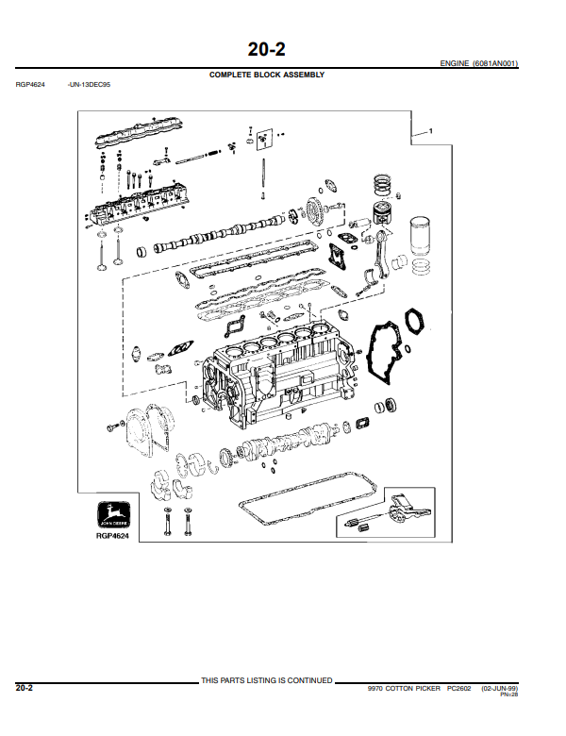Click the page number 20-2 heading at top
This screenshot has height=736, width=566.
tap(266, 48)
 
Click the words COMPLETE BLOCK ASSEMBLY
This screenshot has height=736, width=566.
tap(267, 75)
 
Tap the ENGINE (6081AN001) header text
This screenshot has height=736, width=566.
tap(478, 63)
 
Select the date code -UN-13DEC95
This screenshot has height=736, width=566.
tap(90, 84)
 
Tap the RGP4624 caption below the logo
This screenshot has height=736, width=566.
tap(111, 536)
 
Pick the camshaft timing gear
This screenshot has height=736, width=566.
tap(315, 209)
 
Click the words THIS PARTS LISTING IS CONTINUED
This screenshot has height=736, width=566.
tap(267, 680)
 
